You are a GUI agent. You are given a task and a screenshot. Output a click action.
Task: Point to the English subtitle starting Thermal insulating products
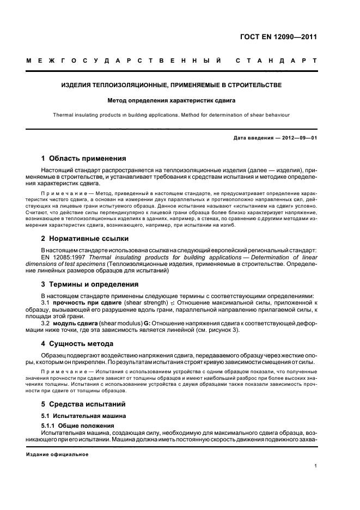click(171, 115)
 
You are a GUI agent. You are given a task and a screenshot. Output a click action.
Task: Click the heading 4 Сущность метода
click(77, 344)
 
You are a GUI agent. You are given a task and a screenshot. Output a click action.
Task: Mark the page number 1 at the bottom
click(316, 466)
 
